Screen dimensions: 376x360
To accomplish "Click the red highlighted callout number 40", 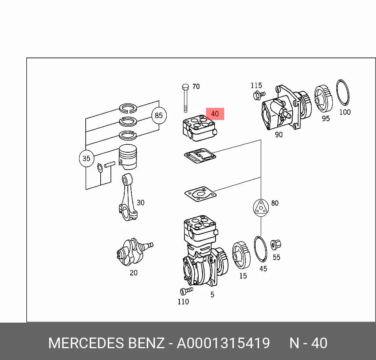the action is click(215, 114).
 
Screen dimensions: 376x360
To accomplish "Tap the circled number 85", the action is click(159, 116).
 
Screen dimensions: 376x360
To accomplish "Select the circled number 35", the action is click(86, 158).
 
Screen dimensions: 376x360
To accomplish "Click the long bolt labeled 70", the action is click(185, 98).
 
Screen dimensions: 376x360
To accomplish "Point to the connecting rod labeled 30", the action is click(128, 197).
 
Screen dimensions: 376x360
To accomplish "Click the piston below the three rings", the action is click(128, 157).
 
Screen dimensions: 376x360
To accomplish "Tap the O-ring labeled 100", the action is click(343, 92).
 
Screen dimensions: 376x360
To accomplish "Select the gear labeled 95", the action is click(323, 99).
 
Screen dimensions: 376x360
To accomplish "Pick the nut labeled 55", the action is click(276, 245).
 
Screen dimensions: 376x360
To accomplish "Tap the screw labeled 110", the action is click(186, 291).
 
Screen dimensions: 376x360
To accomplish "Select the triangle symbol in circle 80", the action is click(261, 208).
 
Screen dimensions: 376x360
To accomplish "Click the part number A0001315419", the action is click(223, 343).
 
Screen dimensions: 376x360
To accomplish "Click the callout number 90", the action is click(278, 135).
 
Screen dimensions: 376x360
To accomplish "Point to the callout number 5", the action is click(212, 295).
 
